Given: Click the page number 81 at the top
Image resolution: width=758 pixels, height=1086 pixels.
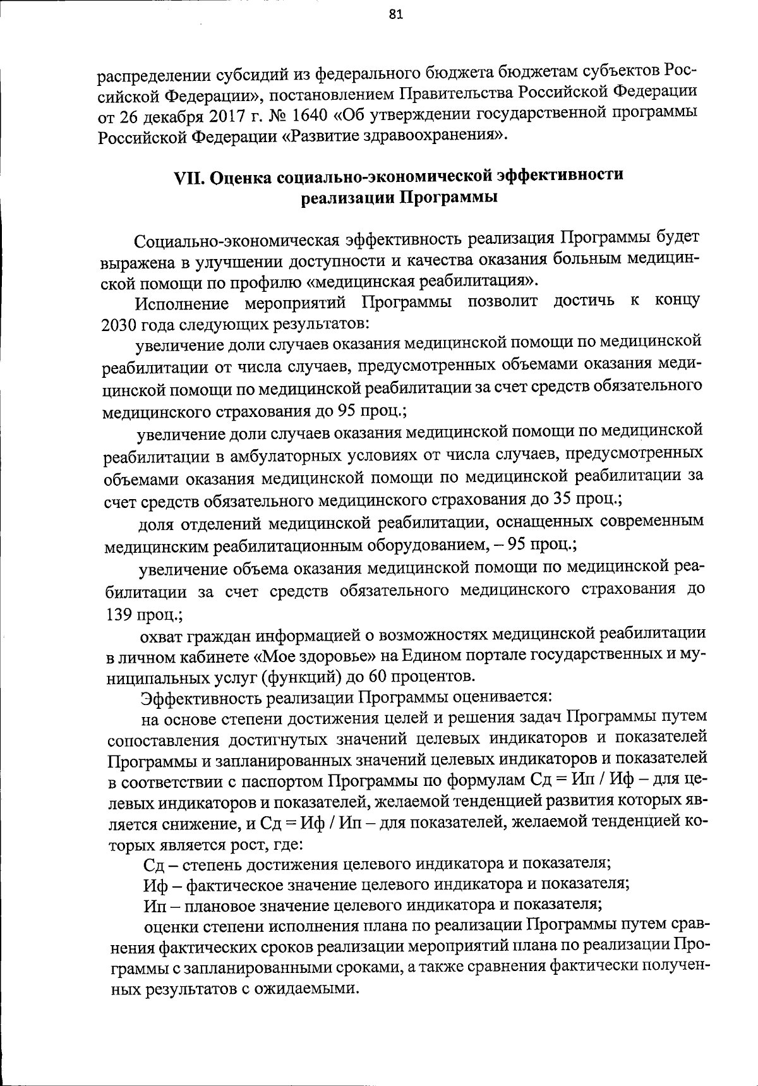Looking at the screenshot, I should point(396,16).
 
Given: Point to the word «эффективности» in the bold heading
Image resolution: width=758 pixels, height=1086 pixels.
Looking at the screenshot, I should point(560,174).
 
